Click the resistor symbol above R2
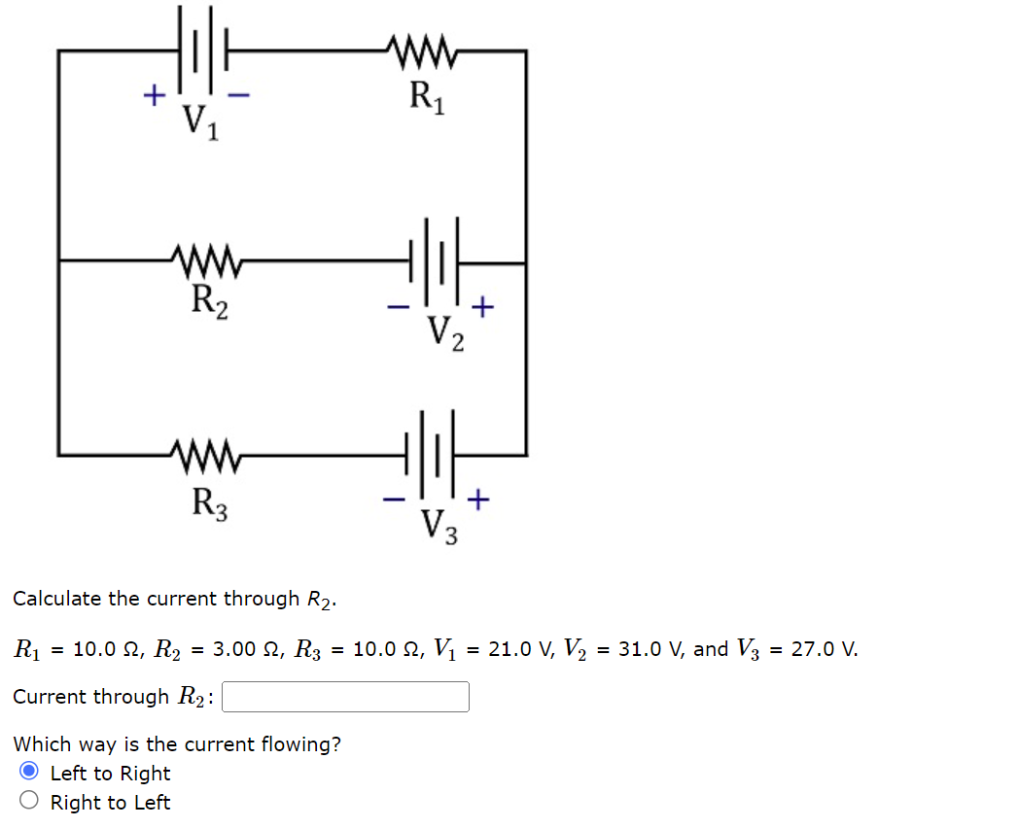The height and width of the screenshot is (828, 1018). [207, 260]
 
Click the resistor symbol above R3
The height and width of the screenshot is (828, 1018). [207, 453]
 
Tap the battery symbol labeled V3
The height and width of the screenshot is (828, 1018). [435, 453]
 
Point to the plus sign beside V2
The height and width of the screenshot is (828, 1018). [483, 307]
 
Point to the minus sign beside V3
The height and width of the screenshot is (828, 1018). [394, 500]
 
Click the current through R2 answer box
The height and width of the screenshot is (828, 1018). [345, 697]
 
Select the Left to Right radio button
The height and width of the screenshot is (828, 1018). [30, 773]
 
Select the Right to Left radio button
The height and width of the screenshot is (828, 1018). [30, 802]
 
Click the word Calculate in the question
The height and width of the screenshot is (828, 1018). [57, 599]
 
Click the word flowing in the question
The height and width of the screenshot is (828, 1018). [305, 744]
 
